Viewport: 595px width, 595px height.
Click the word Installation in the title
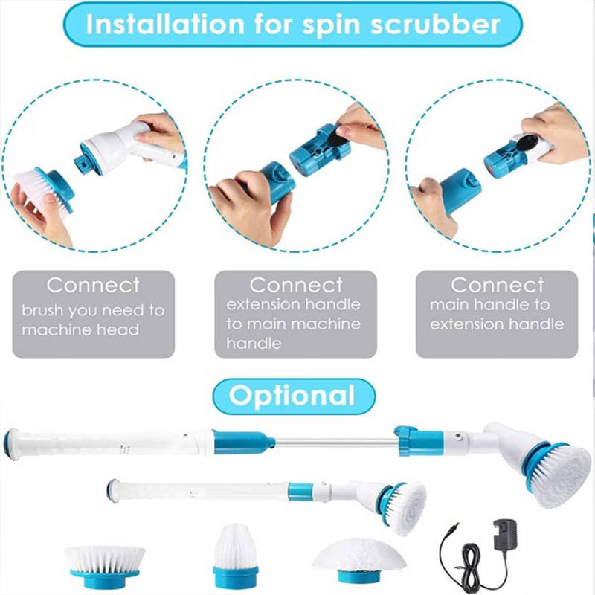point(165,25)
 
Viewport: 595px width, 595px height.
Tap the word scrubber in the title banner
point(435,25)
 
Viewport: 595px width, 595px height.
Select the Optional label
point(292,396)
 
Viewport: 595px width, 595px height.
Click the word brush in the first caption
point(42,310)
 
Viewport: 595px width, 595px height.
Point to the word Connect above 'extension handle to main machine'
point(296,285)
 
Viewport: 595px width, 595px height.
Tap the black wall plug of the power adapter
point(505,533)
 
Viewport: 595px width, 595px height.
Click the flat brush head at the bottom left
point(105,566)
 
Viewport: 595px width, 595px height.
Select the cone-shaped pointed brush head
point(236,555)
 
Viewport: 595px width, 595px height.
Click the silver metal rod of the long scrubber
point(336,441)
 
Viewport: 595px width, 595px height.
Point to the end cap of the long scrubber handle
point(11,443)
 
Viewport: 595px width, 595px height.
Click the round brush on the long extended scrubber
point(557,475)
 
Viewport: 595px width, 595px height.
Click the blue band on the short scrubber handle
point(300,492)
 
